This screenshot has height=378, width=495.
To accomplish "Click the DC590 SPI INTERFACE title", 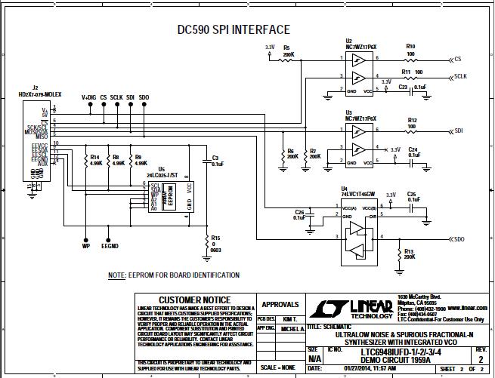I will (x=233, y=29).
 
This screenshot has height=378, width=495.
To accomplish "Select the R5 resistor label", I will (x=287, y=46).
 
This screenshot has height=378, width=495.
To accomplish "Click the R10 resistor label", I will (x=410, y=46).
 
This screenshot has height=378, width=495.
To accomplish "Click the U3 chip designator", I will (x=348, y=111).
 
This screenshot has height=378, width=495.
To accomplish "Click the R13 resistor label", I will (x=409, y=251).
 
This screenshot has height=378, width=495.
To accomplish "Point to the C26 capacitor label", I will (x=299, y=212).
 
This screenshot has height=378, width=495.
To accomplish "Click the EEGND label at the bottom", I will (x=110, y=246).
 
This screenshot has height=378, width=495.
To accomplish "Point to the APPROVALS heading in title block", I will (x=280, y=305).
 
